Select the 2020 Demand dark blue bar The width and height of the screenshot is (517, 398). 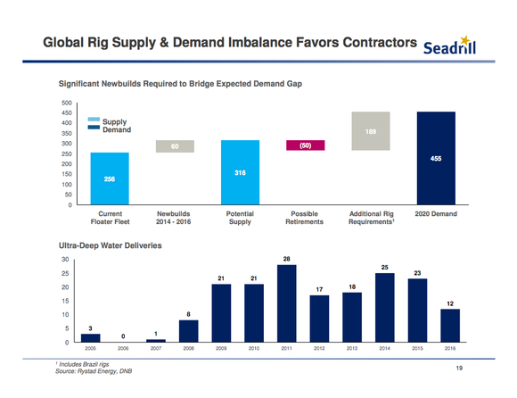coord(436,158)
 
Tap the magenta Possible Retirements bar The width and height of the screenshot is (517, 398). coord(306,145)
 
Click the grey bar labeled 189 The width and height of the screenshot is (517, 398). coord(371,131)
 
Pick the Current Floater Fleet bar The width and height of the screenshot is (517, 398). coord(110,178)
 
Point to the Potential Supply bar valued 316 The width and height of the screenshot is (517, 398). coord(240,172)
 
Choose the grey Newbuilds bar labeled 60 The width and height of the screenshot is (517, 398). coord(175,146)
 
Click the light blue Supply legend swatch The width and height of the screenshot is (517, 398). coord(94,120)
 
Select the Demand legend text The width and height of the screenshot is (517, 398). coord(117,129)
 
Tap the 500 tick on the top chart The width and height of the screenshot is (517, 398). coord(67,103)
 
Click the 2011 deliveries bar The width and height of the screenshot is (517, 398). coord(286,303)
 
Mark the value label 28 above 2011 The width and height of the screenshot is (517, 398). coord(286,259)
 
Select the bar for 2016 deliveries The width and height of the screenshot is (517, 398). coord(450,326)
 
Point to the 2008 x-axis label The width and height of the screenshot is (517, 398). coord(189,348)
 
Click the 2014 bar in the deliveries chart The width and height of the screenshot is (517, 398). coord(385,308)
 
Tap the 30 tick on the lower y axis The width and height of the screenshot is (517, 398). coord(65,260)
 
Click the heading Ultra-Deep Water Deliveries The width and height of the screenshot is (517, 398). coord(111,245)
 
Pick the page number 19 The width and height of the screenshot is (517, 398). coord(459,368)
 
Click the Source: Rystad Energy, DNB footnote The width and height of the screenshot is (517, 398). coord(94,371)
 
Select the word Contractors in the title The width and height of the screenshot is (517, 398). coord(380,43)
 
